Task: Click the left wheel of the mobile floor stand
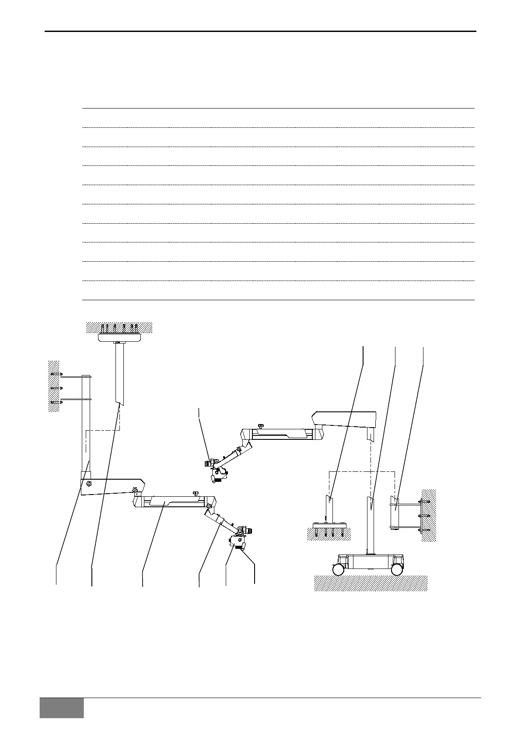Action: pyautogui.click(x=338, y=569)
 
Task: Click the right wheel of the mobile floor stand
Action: pyautogui.click(x=396, y=569)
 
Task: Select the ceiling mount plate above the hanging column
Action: pyautogui.click(x=119, y=337)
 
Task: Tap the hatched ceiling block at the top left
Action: pyautogui.click(x=119, y=326)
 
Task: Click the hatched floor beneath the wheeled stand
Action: pyautogui.click(x=371, y=583)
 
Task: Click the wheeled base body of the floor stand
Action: pyautogui.click(x=371, y=561)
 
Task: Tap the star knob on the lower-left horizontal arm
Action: pyautogui.click(x=90, y=484)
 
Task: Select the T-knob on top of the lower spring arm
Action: pyautogui.click(x=196, y=493)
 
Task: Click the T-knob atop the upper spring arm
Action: pyautogui.click(x=261, y=425)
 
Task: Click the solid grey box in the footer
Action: pyautogui.click(x=61, y=707)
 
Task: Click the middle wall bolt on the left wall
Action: pyautogui.click(x=56, y=388)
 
